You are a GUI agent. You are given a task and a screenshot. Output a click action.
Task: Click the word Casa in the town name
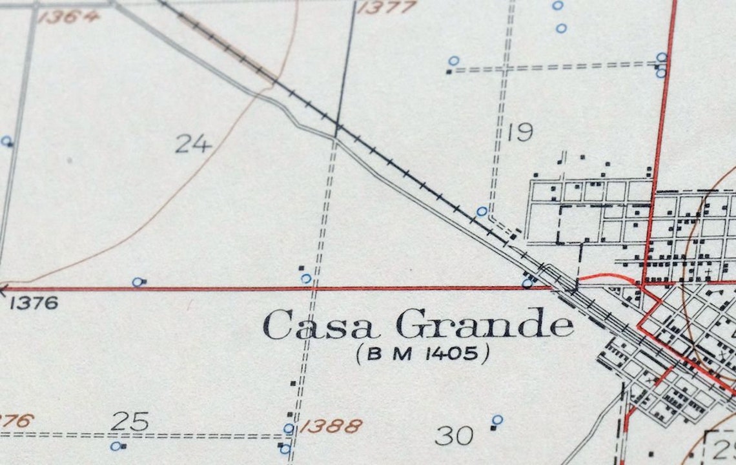coord(320,325)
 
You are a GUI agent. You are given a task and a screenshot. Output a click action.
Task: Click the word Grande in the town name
coord(484,324)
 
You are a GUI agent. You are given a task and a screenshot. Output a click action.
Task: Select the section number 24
coord(193,143)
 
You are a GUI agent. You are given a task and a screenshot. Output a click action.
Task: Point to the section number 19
coord(519,132)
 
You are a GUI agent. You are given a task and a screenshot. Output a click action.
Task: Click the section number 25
coord(130,422)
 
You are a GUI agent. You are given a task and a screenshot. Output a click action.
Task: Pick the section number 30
coord(454,435)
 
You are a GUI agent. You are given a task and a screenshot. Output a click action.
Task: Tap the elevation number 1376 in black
coord(34,302)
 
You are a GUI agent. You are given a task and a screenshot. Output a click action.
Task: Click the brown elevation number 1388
coord(331,426)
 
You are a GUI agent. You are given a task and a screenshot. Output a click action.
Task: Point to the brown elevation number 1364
coord(69,15)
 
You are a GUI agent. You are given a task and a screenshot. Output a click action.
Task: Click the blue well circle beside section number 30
coord(497,420)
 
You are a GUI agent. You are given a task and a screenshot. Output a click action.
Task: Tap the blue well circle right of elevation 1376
coord(137,282)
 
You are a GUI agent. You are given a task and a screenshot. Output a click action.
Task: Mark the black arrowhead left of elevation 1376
coord(3,290)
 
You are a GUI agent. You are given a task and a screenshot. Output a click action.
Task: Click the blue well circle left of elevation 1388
coord(289,428)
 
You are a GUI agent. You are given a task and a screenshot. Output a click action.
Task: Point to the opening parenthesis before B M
coord(360,353)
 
